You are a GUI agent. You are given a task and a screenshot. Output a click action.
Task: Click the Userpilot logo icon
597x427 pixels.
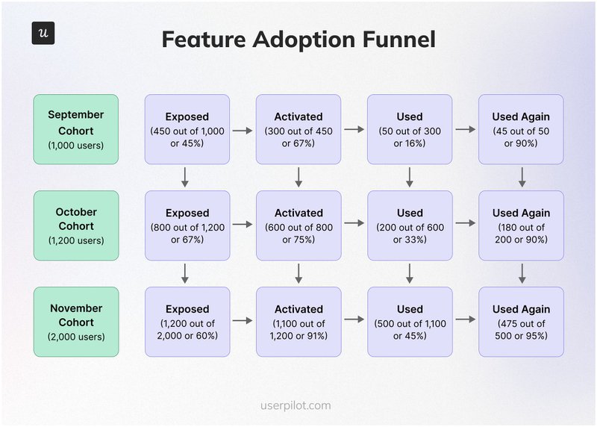point(43,33)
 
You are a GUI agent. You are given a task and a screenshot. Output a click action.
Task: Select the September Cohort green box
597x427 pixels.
point(75,129)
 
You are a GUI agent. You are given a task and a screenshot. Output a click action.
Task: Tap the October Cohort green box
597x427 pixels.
point(75,225)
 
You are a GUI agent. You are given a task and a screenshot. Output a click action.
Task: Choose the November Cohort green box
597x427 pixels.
point(75,322)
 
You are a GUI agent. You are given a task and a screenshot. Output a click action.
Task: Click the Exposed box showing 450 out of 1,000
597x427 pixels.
point(187,129)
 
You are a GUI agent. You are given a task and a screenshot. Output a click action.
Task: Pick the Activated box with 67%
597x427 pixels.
point(298,129)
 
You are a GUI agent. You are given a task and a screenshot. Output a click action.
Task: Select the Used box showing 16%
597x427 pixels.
point(410,129)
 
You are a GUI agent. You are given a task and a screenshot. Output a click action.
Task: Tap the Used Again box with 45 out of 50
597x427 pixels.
point(521,129)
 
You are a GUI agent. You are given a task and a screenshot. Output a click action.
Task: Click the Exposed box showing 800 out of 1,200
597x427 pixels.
point(187,225)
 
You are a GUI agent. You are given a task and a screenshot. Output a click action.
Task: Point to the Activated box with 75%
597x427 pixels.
point(298,225)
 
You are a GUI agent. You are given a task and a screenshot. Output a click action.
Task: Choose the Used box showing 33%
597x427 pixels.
point(410,225)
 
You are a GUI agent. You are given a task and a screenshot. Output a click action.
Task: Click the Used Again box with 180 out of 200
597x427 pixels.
point(521,225)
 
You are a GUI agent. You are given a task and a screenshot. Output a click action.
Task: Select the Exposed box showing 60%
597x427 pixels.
point(187,322)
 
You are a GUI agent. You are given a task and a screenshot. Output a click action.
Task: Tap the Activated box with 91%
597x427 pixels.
point(298,322)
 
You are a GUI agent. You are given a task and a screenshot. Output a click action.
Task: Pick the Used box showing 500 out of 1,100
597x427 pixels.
point(410,322)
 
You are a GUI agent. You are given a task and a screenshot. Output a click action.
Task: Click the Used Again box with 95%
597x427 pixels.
point(521,322)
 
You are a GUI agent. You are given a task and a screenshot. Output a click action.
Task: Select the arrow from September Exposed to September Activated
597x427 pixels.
point(242,130)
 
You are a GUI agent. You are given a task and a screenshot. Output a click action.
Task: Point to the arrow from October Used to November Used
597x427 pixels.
point(410,273)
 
